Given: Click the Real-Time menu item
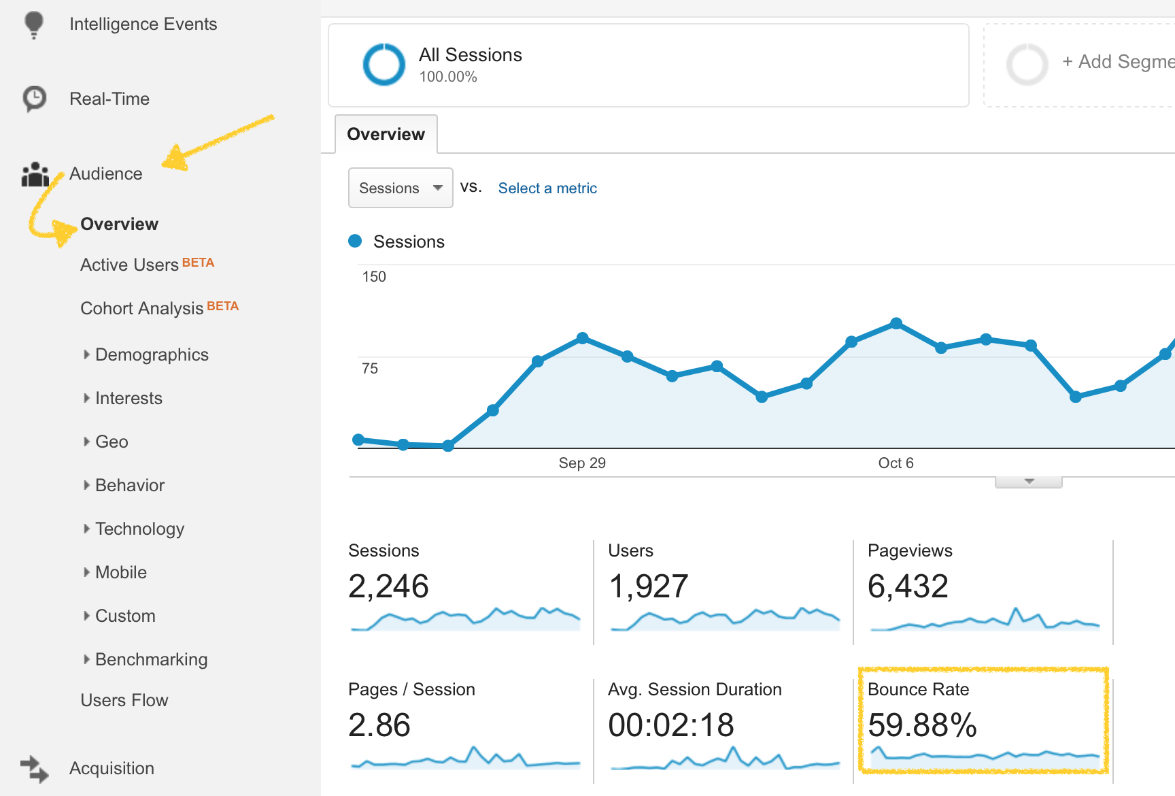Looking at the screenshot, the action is click(109, 99).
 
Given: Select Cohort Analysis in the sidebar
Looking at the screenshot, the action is click(142, 308).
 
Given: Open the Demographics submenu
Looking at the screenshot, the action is click(152, 354).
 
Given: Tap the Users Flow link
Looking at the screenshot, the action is click(124, 700).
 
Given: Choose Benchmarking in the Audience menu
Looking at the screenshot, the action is click(152, 659).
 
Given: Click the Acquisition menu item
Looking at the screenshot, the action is click(112, 768).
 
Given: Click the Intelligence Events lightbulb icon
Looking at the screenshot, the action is click(33, 25).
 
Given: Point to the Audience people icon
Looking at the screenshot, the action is click(35, 174).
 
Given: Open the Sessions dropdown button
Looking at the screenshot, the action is click(401, 188).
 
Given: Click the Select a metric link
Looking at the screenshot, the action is click(547, 188).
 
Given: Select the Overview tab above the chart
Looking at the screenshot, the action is click(386, 134).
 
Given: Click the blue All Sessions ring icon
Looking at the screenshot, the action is click(384, 65).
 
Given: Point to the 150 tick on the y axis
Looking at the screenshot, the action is click(374, 277).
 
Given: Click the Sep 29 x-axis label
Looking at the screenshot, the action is click(582, 463).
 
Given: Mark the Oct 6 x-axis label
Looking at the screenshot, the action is click(896, 463).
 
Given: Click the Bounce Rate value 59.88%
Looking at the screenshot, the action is click(922, 725).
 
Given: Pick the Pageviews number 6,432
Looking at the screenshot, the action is click(908, 586).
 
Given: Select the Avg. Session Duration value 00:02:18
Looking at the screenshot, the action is click(671, 725).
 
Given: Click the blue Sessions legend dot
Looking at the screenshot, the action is click(355, 241).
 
